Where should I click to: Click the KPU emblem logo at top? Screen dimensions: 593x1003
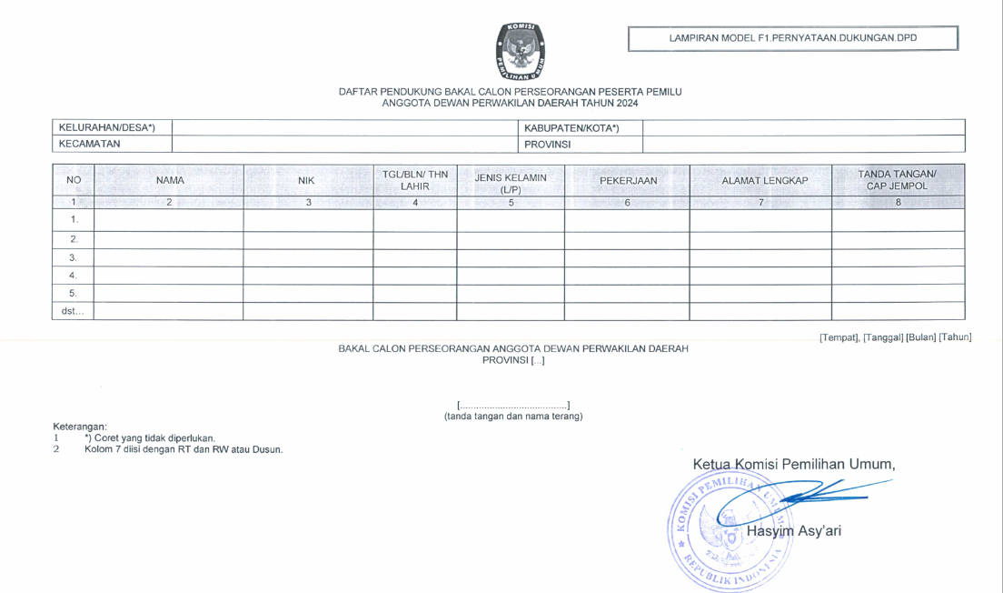click(x=521, y=52)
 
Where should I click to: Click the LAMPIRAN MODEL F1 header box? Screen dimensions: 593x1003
click(x=792, y=38)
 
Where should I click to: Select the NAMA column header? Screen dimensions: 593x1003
click(x=170, y=180)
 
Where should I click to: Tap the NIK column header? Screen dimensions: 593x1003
click(x=306, y=180)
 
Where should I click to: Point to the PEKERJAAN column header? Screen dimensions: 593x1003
click(x=628, y=180)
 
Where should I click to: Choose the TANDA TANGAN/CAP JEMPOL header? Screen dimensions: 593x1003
click(x=897, y=180)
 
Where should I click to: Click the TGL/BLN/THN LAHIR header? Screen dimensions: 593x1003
click(x=414, y=180)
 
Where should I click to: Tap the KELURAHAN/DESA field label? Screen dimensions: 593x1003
click(x=106, y=127)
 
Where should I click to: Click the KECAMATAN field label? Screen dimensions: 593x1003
click(x=90, y=144)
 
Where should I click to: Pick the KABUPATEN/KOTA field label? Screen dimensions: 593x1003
click(x=571, y=127)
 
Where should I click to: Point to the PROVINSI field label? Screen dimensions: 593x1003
click(x=548, y=144)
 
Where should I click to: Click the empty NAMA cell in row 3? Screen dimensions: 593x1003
click(x=169, y=257)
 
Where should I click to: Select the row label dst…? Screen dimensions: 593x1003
click(x=73, y=311)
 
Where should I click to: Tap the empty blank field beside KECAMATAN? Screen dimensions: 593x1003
click(x=344, y=144)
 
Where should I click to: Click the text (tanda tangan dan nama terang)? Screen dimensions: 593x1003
click(x=513, y=417)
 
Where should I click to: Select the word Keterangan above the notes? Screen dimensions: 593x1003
click(x=80, y=427)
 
